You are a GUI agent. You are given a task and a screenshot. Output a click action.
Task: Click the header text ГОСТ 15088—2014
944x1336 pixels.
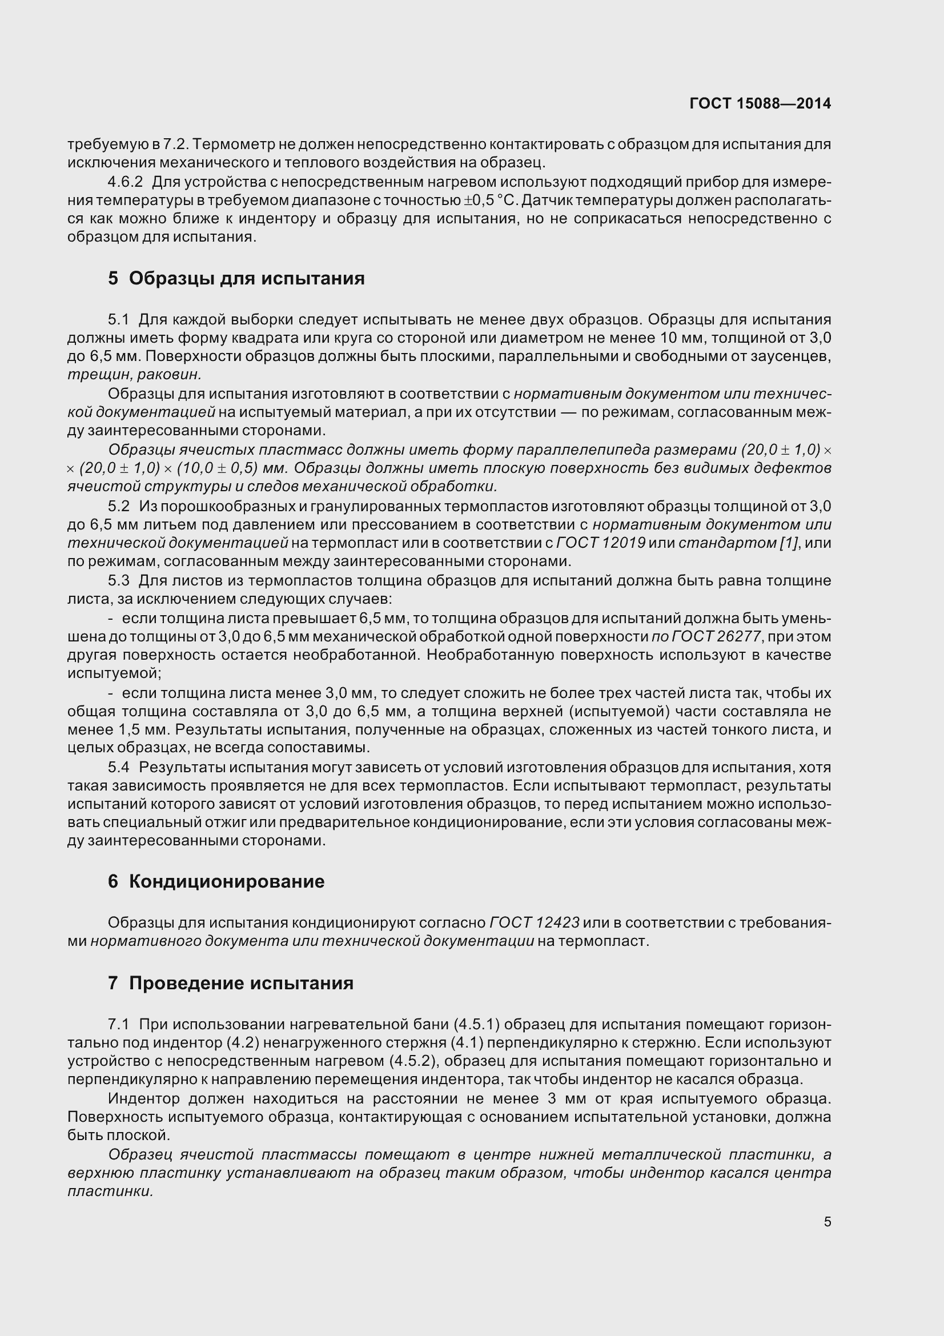760,103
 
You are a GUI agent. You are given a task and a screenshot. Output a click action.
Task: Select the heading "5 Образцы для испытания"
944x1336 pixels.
236,278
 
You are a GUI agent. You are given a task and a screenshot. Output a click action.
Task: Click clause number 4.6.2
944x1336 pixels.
125,182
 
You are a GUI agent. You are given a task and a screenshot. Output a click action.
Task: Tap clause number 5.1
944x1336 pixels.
119,319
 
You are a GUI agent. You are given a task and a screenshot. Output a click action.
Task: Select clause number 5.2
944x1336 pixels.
119,506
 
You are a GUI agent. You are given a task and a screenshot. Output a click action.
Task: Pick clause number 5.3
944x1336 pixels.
119,581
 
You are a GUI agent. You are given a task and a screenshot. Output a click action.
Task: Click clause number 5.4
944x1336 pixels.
119,768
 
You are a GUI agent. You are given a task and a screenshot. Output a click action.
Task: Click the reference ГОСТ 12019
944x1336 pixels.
601,543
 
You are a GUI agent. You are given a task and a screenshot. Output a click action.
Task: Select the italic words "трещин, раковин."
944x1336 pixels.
134,375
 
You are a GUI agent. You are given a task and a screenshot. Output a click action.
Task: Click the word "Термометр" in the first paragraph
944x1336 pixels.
231,145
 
